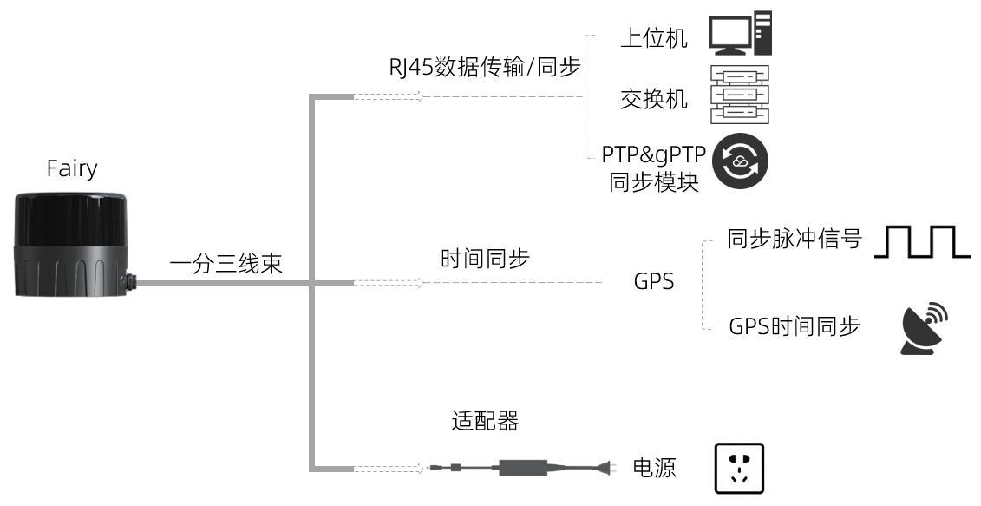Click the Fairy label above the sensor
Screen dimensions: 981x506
pos(72,169)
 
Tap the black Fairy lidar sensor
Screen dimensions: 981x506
pos(71,244)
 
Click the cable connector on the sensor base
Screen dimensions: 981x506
pos(130,281)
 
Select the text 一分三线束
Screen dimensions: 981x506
pos(226,263)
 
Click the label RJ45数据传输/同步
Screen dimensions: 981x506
pos(485,66)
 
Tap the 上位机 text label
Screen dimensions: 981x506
pos(654,38)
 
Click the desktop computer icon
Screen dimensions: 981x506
pos(740,33)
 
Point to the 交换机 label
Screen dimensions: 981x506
pos(654,99)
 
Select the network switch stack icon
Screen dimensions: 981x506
pos(740,95)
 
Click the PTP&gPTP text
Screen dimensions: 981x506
pos(654,154)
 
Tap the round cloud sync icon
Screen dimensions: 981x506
pos(740,161)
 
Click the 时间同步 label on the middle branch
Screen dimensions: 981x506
pos(485,259)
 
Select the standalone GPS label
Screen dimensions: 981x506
pos(654,282)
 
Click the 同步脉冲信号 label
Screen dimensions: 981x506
pos(795,239)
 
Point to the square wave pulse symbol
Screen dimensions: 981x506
pos(922,242)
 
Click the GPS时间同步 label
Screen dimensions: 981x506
pos(795,326)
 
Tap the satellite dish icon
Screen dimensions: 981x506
pos(924,329)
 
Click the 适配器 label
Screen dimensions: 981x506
pos(485,421)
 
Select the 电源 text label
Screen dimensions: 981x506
pos(654,468)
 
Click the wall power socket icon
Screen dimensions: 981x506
pos(740,469)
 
